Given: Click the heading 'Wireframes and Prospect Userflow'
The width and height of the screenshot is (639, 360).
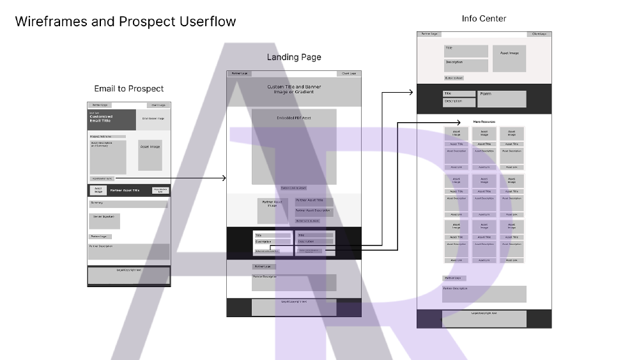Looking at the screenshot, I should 125,22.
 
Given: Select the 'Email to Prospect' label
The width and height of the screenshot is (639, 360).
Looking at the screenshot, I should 128,89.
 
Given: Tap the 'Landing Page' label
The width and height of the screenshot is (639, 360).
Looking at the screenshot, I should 294,58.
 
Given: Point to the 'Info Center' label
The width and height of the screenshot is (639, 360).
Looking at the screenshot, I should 484,19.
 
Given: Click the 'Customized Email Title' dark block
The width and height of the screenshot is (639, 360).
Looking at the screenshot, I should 112,120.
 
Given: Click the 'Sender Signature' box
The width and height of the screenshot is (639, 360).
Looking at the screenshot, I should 105,221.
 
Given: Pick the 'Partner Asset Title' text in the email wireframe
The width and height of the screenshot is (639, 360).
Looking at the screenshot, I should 125,191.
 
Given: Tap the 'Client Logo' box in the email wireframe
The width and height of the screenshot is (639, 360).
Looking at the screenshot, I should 158,105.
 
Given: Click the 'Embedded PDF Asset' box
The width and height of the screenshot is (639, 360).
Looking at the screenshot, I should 294,146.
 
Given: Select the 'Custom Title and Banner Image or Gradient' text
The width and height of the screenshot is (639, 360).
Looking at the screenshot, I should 294,90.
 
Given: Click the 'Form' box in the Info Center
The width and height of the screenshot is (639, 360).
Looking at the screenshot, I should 502,98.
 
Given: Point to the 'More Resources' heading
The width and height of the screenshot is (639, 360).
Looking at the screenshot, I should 484,121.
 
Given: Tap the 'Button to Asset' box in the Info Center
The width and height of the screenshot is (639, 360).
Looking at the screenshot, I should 454,78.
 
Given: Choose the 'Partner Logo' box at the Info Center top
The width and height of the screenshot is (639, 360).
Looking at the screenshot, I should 429,34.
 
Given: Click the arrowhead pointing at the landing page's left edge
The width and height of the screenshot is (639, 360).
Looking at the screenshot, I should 224,178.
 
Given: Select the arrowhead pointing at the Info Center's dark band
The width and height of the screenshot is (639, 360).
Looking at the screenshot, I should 413,93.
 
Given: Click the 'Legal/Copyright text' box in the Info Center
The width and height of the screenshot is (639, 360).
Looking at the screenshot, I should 484,318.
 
